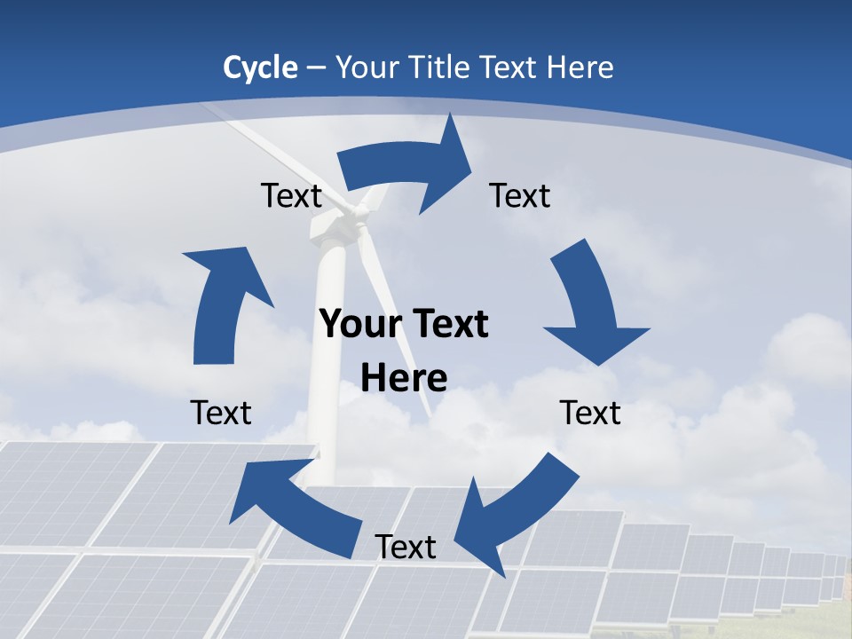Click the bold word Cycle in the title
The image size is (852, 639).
[260, 67]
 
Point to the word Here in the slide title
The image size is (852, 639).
[580, 67]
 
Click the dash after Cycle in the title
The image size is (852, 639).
[316, 68]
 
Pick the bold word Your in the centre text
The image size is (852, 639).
[359, 324]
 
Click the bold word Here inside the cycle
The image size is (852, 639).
[404, 378]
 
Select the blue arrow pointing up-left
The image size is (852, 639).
[284, 497]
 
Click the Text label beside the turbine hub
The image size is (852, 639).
[291, 195]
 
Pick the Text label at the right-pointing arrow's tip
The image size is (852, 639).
[520, 195]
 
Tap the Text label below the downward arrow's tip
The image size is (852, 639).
[590, 413]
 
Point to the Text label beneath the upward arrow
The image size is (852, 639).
[221, 413]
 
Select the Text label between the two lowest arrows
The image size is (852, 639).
[406, 547]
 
